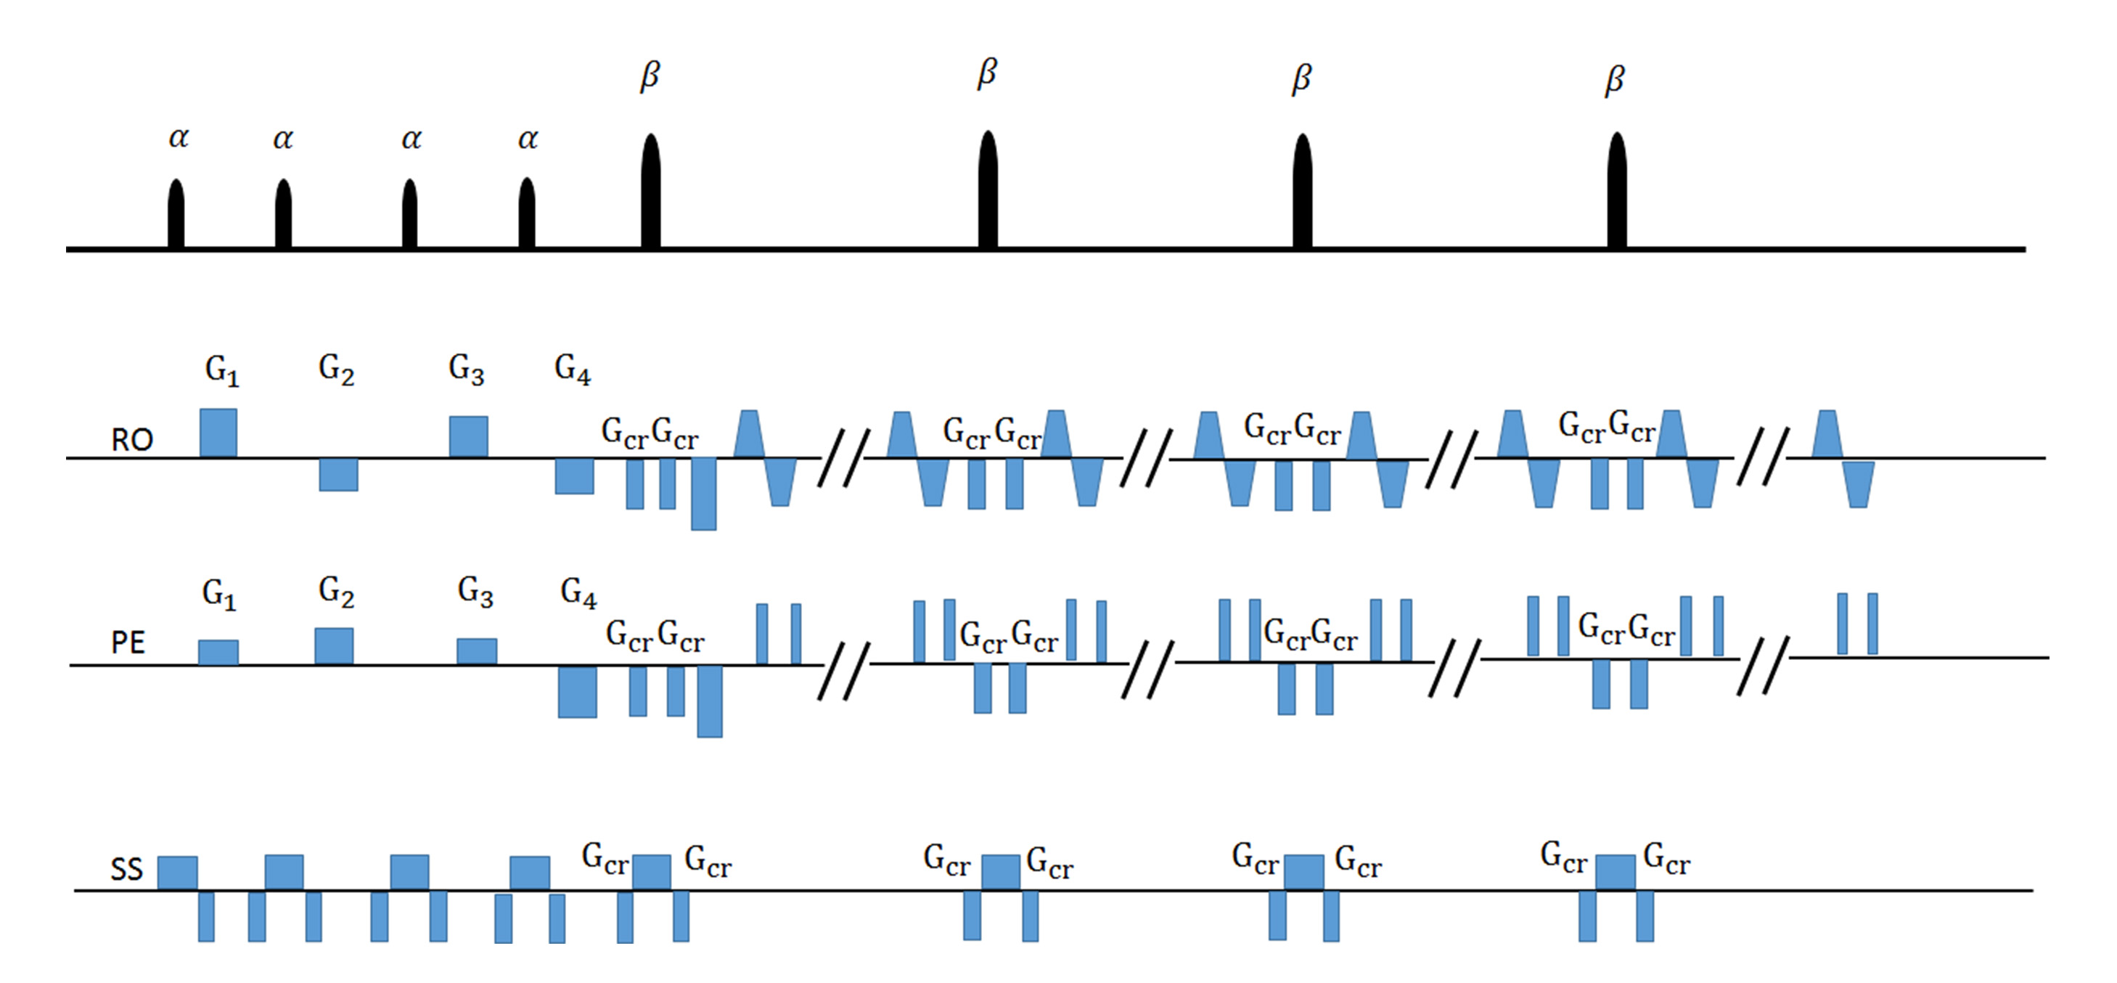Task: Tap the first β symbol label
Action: [650, 76]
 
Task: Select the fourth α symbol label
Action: [528, 139]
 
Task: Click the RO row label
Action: [131, 441]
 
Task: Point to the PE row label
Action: [128, 643]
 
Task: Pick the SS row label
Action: [126, 870]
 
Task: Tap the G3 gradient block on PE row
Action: [477, 651]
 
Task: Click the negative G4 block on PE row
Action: [578, 691]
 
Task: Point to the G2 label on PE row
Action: [336, 592]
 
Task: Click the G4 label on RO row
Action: [573, 369]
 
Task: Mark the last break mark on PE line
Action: [1763, 665]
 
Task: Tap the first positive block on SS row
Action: [178, 873]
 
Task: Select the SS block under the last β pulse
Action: [1616, 872]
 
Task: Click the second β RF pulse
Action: [988, 190]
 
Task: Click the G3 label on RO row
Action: [466, 369]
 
